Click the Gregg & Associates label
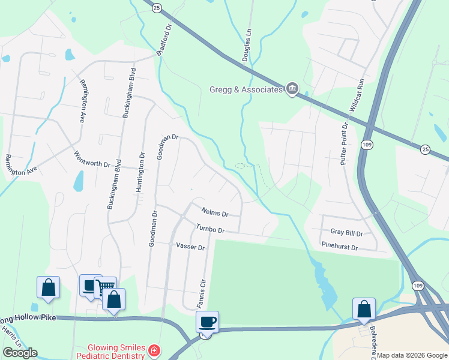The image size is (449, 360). tap(246, 90)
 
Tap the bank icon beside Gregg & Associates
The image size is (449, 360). tap(292, 89)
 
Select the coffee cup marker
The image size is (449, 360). tap(207, 322)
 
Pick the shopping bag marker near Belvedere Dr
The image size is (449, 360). tap(364, 309)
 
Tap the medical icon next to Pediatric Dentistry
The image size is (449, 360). tap(154, 350)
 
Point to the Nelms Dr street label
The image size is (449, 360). tap(215, 213)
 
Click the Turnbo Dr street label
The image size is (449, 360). tap(210, 230)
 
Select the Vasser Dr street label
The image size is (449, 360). tap(190, 247)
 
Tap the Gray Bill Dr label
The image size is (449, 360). tap(346, 232)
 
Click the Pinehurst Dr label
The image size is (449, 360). tap(339, 247)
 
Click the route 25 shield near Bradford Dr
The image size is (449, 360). tap(157, 8)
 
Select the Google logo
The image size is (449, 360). tap(20, 353)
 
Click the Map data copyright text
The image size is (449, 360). tap(411, 355)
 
